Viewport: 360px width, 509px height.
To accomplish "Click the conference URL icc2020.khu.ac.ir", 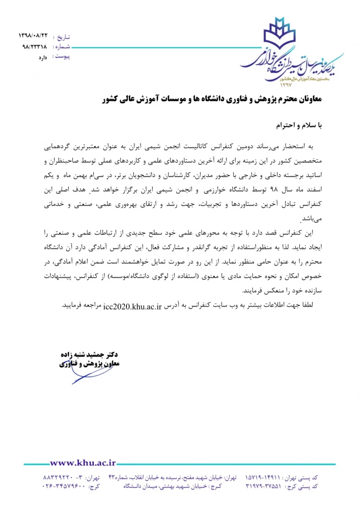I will [132, 306].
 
